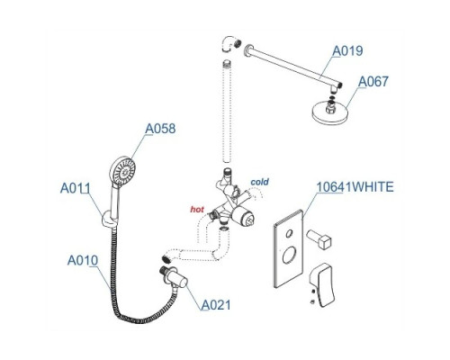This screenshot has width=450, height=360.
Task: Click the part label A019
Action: coord(347,50)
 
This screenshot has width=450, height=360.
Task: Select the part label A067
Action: coord(373,81)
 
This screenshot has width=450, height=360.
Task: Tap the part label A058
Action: coord(160,129)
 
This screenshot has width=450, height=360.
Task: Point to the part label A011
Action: coord(75,188)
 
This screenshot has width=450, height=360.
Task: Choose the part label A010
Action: coord(83,260)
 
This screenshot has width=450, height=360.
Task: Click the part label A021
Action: coord(216,305)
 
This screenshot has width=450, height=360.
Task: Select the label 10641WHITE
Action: coord(355,187)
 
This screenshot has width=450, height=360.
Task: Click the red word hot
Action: coord(197,210)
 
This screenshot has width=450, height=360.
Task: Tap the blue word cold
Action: coord(260,182)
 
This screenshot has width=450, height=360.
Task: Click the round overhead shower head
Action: coord(329,113)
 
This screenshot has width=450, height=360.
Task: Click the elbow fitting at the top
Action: coord(231,44)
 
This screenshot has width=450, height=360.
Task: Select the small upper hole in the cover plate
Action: coord(289,233)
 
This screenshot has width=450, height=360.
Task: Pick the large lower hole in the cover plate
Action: coord(289,255)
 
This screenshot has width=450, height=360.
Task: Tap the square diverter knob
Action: coord(319,238)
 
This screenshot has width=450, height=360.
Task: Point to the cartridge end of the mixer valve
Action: coord(244,218)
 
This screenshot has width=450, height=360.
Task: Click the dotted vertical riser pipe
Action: coord(227,112)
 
